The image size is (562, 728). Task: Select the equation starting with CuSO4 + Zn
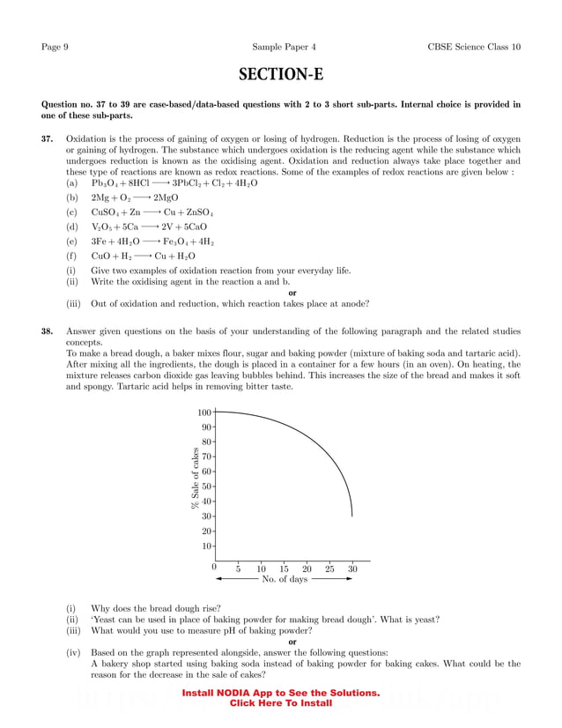(152, 212)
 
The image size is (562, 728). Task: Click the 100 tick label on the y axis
(204, 412)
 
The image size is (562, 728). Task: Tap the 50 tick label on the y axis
(206, 486)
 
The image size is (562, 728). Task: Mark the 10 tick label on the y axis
(206, 546)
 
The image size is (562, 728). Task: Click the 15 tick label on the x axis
(284, 569)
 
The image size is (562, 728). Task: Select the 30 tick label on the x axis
(352, 569)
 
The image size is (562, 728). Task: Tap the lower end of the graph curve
(352, 515)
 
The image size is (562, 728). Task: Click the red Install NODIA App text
(280, 694)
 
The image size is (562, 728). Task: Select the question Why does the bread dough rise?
(156, 608)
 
